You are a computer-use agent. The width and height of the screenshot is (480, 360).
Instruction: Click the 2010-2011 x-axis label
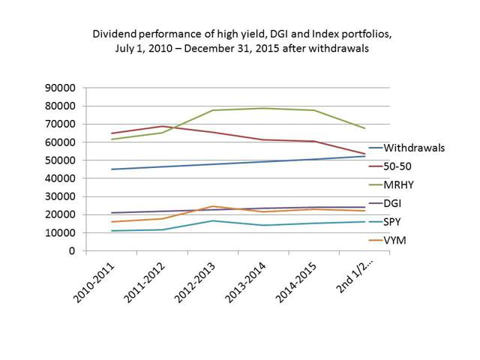[x=96, y=279]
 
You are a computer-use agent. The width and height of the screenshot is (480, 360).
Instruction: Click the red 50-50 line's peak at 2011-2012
[x=162, y=126]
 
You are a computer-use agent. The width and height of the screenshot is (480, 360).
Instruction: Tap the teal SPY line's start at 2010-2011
[x=112, y=231]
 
